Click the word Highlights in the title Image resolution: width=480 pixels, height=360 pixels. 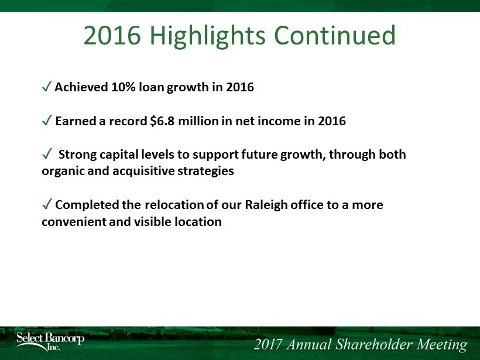click(208, 36)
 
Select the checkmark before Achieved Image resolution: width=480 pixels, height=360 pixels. click(46, 87)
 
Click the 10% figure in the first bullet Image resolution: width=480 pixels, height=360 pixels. click(123, 87)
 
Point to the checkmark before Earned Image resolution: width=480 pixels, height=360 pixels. click(46, 121)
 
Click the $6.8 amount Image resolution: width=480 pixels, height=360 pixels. click(162, 121)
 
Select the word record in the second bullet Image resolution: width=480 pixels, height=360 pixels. click(128, 121)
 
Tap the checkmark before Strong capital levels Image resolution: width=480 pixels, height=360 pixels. click(46, 154)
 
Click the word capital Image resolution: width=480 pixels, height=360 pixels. click(119, 155)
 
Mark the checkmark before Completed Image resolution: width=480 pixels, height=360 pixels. click(46, 204)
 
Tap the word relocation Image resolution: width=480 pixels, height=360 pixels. click(174, 205)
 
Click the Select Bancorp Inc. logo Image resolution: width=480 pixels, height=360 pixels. click(50, 341)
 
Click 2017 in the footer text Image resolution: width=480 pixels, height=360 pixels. click(268, 344)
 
